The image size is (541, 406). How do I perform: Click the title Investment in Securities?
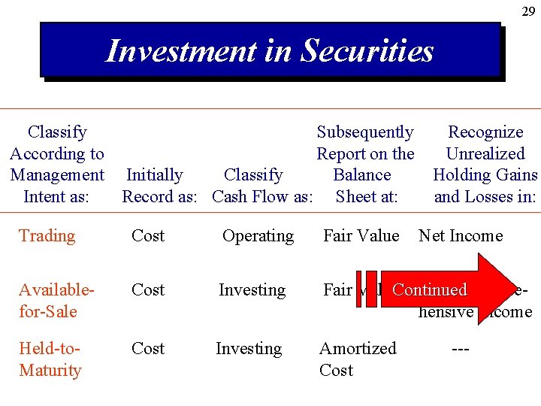click(270, 51)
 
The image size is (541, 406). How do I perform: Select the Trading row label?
click(47, 236)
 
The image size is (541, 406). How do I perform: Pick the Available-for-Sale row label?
click(47, 300)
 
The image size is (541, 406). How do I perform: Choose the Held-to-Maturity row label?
click(50, 359)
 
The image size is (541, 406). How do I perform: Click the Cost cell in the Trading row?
click(147, 236)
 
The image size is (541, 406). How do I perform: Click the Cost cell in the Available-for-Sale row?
click(147, 290)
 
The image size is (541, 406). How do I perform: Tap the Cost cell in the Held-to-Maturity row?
click(147, 349)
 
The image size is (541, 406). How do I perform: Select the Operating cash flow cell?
click(258, 236)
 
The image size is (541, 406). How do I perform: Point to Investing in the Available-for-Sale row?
click(252, 290)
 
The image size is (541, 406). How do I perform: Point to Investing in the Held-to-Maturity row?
click(249, 349)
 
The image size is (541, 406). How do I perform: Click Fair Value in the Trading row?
click(361, 236)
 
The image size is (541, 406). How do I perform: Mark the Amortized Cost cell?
click(358, 359)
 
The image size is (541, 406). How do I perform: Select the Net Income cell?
click(461, 236)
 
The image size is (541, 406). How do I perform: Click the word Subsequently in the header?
click(365, 132)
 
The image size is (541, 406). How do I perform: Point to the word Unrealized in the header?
click(485, 154)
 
